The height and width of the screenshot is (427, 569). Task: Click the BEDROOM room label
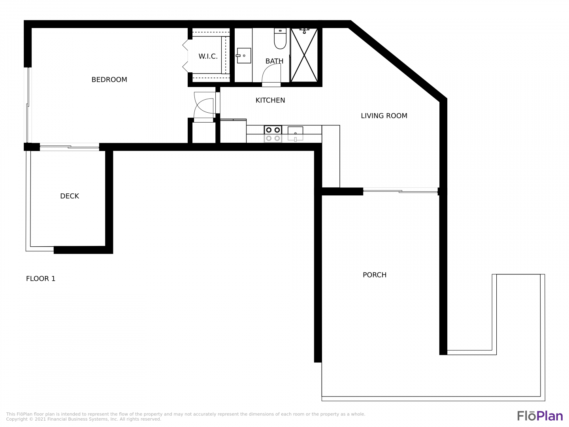(109, 79)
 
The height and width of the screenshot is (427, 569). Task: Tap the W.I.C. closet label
(208, 56)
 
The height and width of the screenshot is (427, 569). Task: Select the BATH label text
(274, 61)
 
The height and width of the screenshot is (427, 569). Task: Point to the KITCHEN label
(270, 100)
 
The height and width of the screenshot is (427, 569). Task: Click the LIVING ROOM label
(384, 116)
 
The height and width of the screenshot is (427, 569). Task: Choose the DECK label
(70, 196)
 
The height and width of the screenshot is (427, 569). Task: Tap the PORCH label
(375, 275)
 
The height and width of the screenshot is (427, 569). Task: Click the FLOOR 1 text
(41, 279)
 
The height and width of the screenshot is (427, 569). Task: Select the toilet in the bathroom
(280, 38)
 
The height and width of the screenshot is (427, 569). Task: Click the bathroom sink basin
(244, 55)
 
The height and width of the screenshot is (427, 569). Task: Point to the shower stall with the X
(304, 55)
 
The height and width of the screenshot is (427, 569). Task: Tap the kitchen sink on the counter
(295, 134)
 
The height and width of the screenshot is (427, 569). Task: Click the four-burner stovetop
(273, 134)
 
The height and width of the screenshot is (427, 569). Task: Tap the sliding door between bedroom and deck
(69, 147)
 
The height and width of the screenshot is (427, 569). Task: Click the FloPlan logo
(540, 416)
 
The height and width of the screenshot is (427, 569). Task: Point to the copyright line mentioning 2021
(83, 419)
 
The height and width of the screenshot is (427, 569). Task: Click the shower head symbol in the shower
(304, 31)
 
